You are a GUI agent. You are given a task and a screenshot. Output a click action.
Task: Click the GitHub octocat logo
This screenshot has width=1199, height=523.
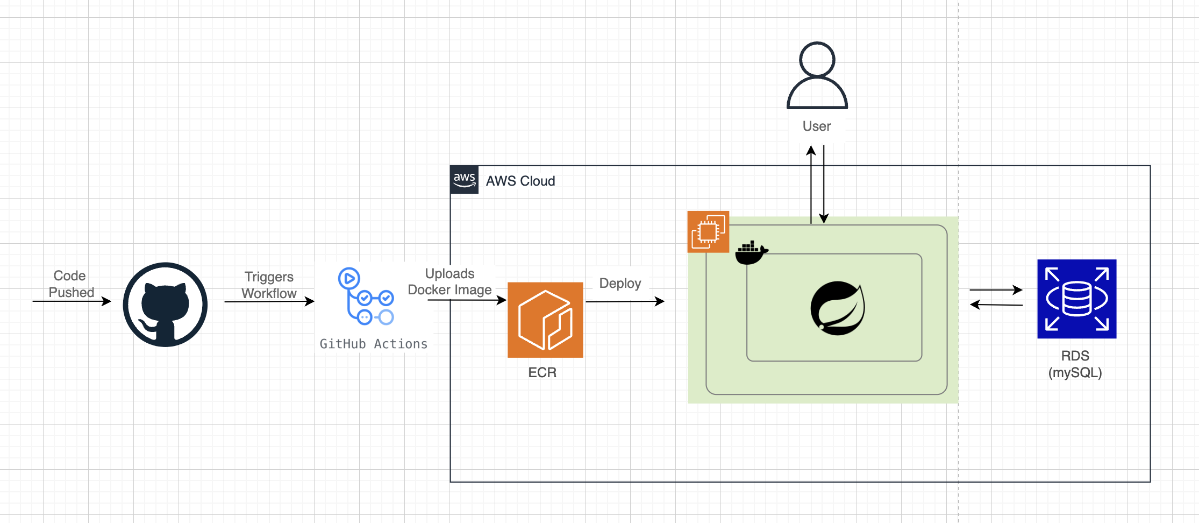click(x=165, y=305)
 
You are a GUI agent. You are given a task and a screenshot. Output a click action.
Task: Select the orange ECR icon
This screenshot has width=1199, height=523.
click(x=545, y=320)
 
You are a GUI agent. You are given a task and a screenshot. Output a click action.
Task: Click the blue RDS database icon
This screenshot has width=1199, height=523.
click(x=1076, y=299)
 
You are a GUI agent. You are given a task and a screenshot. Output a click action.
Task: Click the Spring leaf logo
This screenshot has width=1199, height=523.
click(x=837, y=308)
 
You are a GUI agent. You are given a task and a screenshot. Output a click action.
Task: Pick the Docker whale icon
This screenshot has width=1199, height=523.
click(x=751, y=253)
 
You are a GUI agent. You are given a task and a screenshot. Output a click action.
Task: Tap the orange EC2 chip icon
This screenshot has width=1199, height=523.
click(x=708, y=232)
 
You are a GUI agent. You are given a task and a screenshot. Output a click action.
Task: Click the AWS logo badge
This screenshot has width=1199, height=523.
click(x=464, y=180)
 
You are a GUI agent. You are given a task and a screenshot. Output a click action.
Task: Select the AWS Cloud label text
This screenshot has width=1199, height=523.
click(x=520, y=181)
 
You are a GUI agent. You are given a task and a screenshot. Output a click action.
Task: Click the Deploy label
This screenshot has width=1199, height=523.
click(x=620, y=284)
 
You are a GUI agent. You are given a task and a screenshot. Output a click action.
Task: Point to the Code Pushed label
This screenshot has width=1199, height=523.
click(x=71, y=284)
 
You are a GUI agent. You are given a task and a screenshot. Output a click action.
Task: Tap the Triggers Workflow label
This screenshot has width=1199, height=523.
click(x=269, y=285)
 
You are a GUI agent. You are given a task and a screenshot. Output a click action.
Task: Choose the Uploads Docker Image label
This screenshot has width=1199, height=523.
click(x=449, y=282)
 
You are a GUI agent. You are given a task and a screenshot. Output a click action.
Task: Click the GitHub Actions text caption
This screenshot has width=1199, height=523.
click(x=374, y=344)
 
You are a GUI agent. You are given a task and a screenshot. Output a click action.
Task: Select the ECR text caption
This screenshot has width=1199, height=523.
click(x=542, y=373)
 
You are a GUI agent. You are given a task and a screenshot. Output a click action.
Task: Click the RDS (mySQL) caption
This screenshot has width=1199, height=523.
click(x=1075, y=364)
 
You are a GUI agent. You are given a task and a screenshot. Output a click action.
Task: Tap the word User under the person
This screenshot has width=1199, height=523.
click(x=816, y=126)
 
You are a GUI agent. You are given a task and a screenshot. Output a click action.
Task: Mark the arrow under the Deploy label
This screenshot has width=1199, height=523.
click(x=625, y=301)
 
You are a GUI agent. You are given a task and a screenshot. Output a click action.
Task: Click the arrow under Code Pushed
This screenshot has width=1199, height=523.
click(x=72, y=301)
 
